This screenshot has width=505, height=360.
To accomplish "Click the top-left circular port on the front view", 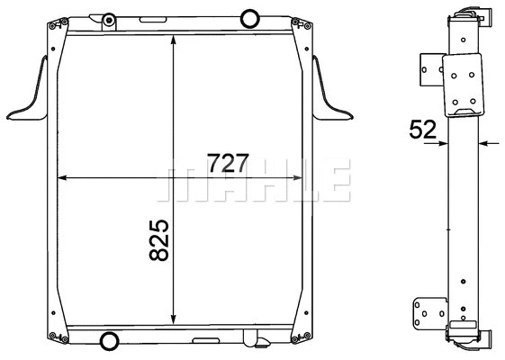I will (108, 20).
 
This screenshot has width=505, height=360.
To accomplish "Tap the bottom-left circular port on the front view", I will (109, 341).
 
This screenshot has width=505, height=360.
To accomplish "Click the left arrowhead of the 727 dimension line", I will (63, 177).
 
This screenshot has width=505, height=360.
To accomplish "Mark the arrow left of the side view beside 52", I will (442, 142).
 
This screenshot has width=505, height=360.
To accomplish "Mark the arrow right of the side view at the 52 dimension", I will (485, 142).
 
